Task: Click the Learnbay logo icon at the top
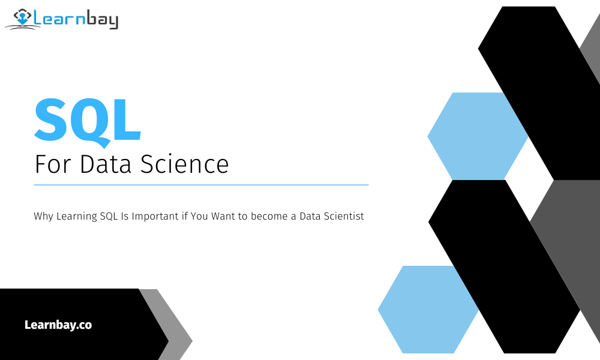22,19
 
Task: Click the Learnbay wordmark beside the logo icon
76,20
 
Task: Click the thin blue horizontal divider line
201,185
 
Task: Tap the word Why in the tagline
44,217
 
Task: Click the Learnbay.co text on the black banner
58,325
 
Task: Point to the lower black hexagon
504,264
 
